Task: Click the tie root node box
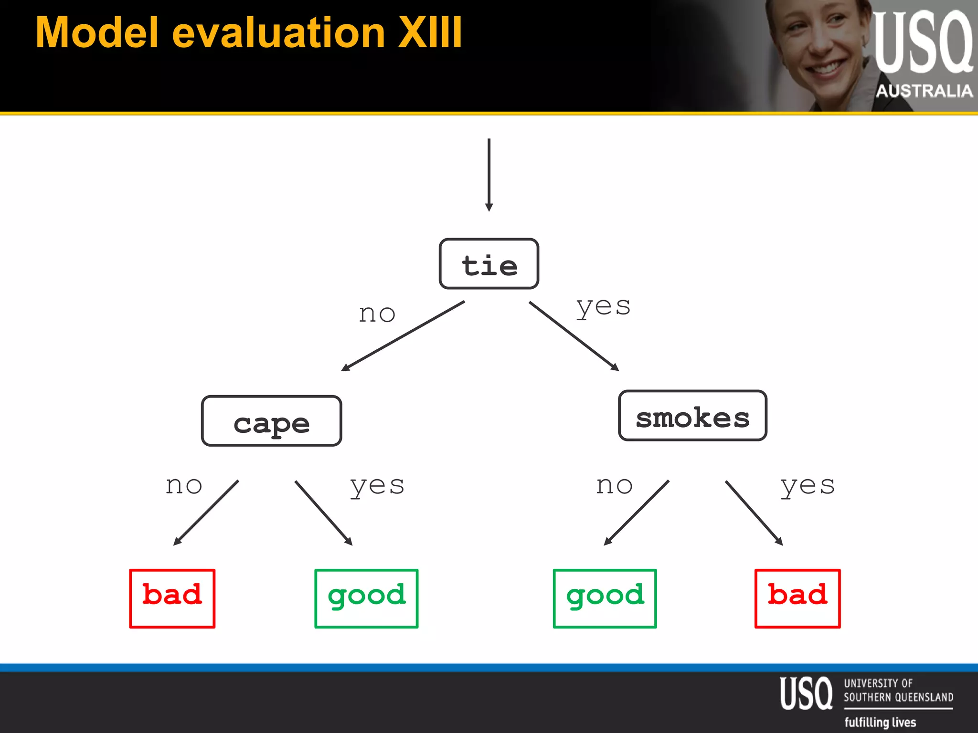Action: [489, 264]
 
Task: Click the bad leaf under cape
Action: [172, 598]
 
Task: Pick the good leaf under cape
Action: [366, 598]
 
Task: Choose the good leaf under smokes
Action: [605, 598]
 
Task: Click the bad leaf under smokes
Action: [797, 598]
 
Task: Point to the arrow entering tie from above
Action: [489, 175]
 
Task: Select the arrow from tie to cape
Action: [403, 336]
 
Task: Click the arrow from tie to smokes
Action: [574, 336]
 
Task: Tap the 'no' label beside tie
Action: [377, 314]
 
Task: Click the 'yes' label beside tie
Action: [603, 306]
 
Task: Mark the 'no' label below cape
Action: [184, 485]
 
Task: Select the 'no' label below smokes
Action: [615, 485]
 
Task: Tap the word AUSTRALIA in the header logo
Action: [924, 91]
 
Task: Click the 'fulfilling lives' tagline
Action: [880, 722]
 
